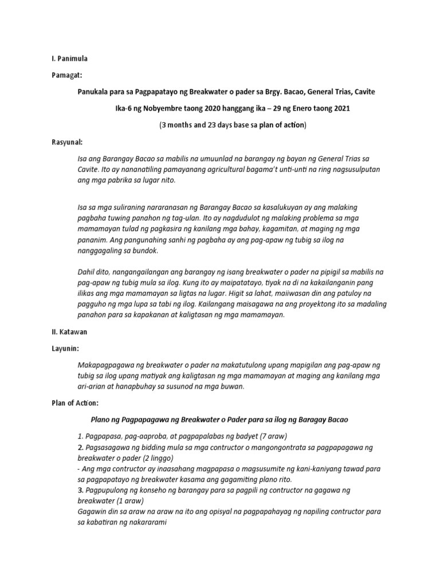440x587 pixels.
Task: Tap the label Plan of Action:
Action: tap(74, 403)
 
